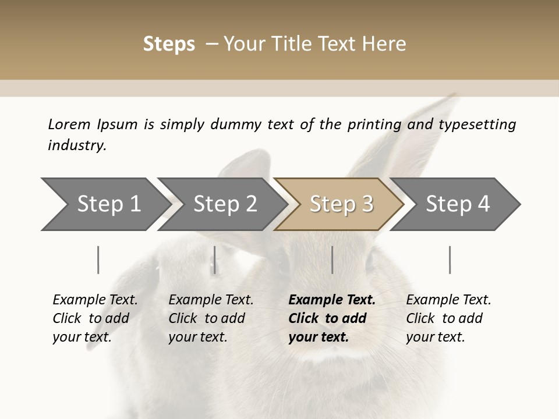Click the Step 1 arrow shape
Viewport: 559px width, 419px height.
(105, 204)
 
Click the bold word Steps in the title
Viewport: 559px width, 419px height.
(169, 44)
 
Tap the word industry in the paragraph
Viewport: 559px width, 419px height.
(77, 145)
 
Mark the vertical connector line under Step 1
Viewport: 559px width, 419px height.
(98, 260)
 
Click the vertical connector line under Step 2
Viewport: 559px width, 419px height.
(215, 260)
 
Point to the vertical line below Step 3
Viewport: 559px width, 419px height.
(332, 260)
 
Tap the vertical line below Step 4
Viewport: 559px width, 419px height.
(450, 260)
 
